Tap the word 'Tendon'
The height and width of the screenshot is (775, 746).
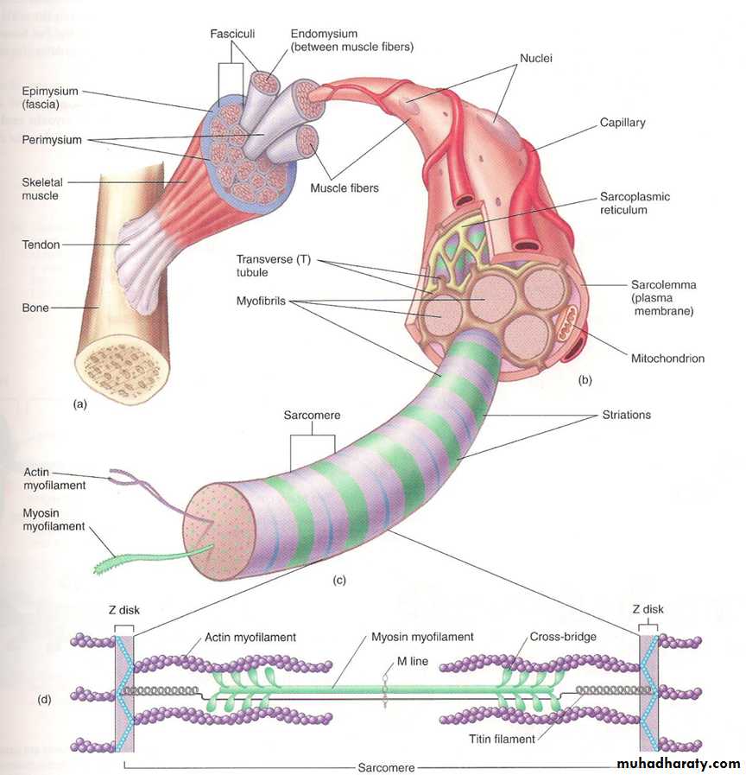(x=41, y=245)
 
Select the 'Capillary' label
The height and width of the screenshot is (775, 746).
(x=623, y=123)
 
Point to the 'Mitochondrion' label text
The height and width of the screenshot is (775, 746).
(x=667, y=358)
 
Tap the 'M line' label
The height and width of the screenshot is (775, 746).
(x=395, y=661)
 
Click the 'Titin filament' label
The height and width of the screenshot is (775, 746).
(x=502, y=739)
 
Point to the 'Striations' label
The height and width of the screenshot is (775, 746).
(x=627, y=415)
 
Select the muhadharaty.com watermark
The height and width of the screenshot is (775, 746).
(x=678, y=764)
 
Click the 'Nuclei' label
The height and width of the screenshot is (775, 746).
(x=536, y=60)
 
